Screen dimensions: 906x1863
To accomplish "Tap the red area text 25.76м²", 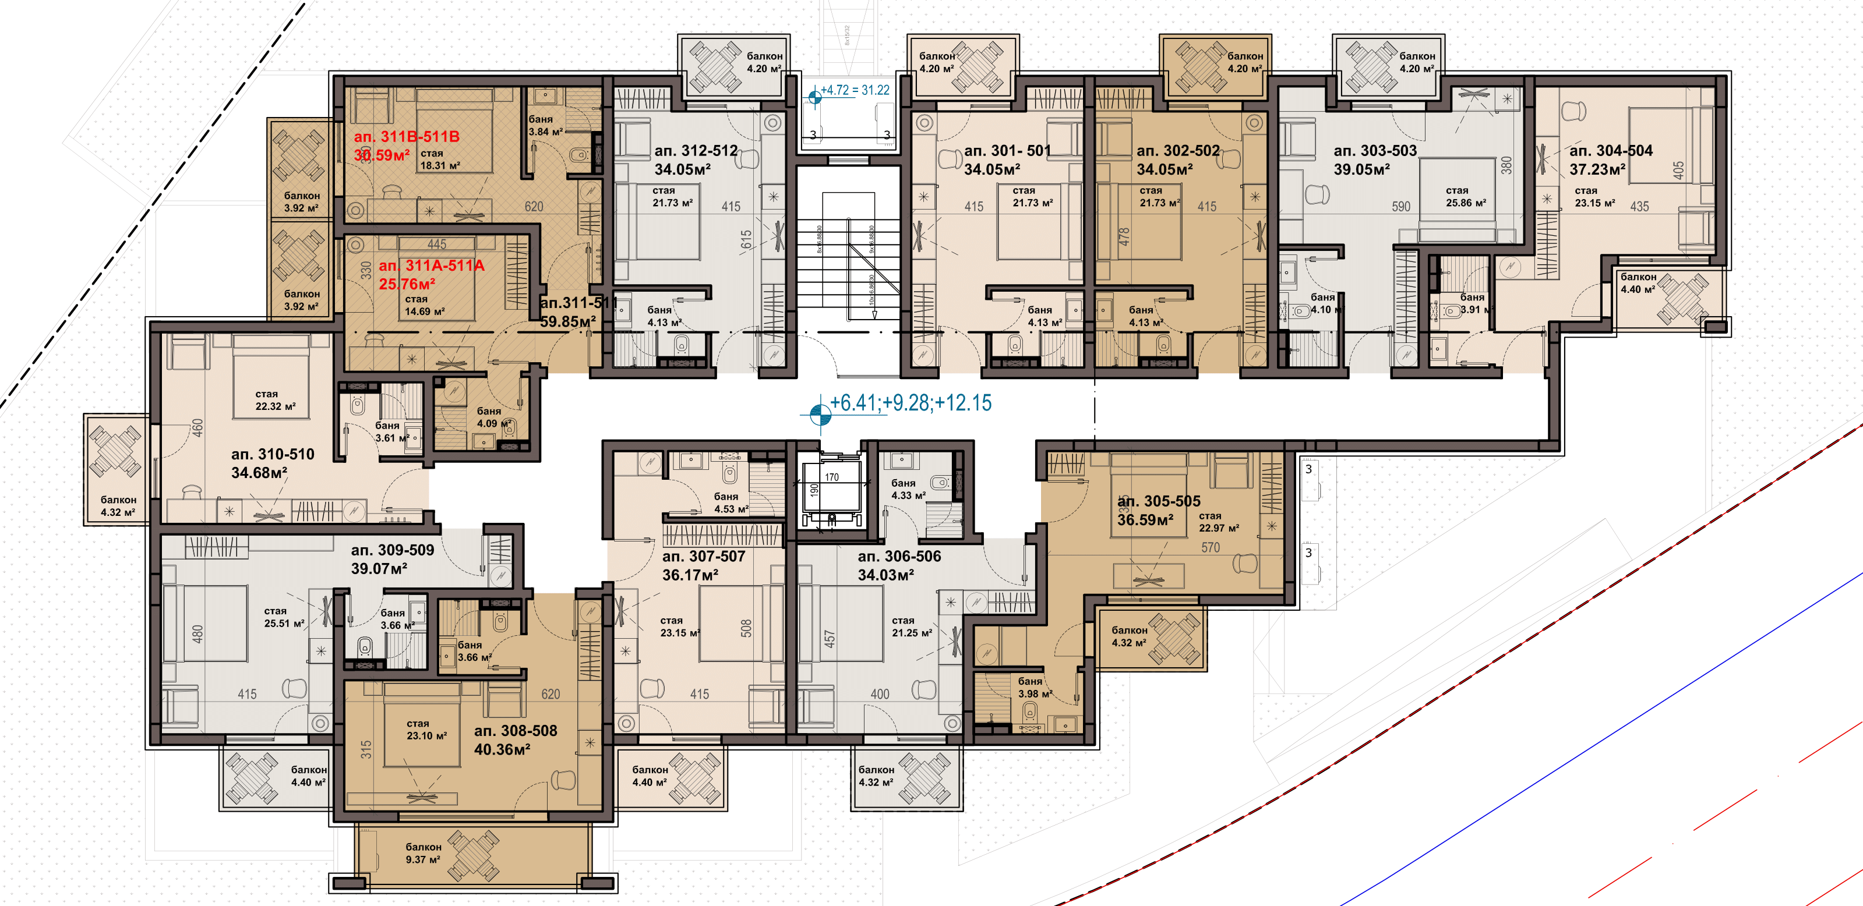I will click(407, 284).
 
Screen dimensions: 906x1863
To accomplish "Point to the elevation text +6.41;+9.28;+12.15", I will click(910, 403).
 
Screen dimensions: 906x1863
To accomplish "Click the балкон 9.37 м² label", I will click(422, 853).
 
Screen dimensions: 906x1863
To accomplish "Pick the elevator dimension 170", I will click(832, 477).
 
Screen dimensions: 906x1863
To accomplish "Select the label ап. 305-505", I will click(1159, 501).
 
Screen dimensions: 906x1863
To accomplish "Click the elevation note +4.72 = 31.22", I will click(854, 90).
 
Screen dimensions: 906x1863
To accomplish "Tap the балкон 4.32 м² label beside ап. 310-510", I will click(118, 506).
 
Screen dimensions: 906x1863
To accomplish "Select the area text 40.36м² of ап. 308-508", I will click(502, 750).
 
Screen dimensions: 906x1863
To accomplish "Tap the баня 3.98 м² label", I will click(1034, 688).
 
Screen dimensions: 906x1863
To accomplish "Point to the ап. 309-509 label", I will click(392, 550).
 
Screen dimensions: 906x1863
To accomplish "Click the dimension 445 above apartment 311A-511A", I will click(437, 245).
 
